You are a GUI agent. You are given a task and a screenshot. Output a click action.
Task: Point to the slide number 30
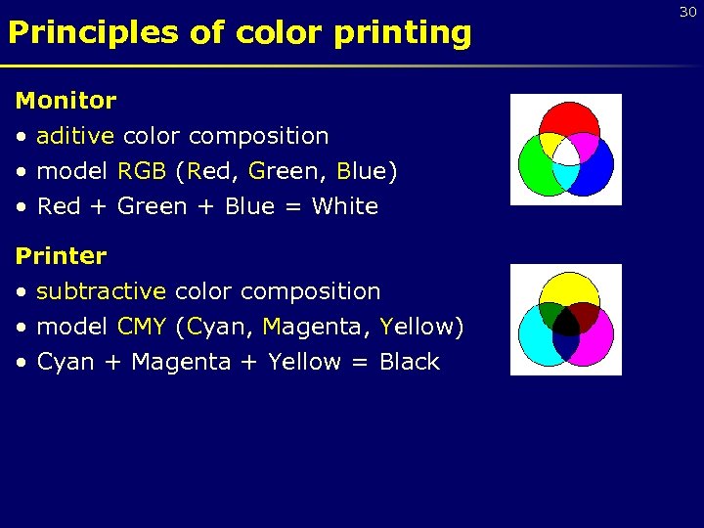(687, 12)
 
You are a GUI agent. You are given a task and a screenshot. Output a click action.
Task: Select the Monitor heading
(66, 100)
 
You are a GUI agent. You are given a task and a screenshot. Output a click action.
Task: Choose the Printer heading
(61, 256)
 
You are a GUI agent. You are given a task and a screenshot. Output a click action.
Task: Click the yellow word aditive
(75, 136)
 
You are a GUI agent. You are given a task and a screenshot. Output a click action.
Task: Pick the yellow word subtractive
(101, 291)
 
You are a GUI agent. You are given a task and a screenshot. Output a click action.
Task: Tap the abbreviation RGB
(142, 171)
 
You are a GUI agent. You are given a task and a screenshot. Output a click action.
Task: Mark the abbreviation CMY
(141, 327)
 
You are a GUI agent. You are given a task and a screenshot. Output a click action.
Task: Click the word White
(344, 206)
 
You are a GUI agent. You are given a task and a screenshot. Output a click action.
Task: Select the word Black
(409, 362)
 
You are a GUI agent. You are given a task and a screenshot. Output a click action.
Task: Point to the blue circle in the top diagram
(594, 170)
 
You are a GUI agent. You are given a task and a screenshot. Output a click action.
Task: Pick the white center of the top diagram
(566, 154)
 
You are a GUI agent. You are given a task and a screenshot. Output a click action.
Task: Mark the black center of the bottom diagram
(566, 329)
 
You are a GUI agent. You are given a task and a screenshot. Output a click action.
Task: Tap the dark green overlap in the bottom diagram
(550, 314)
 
